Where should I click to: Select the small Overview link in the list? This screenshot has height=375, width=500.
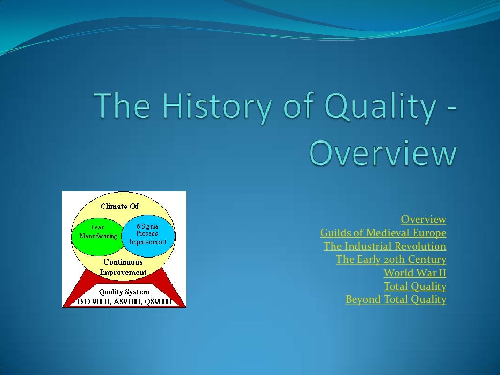pos(423,219)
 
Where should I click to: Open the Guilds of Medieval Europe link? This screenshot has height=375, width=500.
pos(383,232)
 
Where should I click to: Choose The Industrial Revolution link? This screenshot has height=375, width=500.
pos(385,246)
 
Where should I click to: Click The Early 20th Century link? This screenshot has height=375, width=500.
pos(391,259)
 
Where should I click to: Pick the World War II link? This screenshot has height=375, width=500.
pos(415,272)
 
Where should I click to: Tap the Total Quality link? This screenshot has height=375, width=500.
pos(415,286)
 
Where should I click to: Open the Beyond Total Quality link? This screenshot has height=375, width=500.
pos(396,299)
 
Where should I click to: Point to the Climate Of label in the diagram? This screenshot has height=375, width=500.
pos(120,206)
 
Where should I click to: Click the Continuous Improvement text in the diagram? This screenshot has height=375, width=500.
pos(123,267)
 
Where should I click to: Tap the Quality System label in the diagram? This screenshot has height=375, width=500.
pos(124,292)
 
